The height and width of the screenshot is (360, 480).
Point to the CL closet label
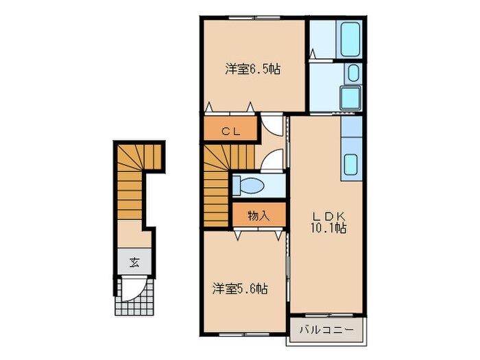pyautogui.click(x=230, y=131)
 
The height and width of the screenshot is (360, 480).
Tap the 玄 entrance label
pyautogui.click(x=134, y=261)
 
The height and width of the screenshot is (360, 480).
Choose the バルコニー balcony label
pyautogui.click(x=326, y=331)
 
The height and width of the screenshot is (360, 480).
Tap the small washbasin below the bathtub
pyautogui.click(x=352, y=73)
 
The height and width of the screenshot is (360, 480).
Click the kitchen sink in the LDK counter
pyautogui.click(x=350, y=165)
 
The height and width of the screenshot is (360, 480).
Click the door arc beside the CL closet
pyautogui.click(x=273, y=126)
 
